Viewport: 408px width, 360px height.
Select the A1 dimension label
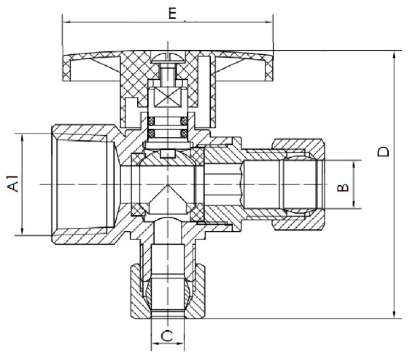click(12, 184)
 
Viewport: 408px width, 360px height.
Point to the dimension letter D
click(384, 151)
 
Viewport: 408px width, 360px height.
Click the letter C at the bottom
click(166, 334)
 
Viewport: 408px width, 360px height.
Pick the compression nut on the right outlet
click(299, 183)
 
